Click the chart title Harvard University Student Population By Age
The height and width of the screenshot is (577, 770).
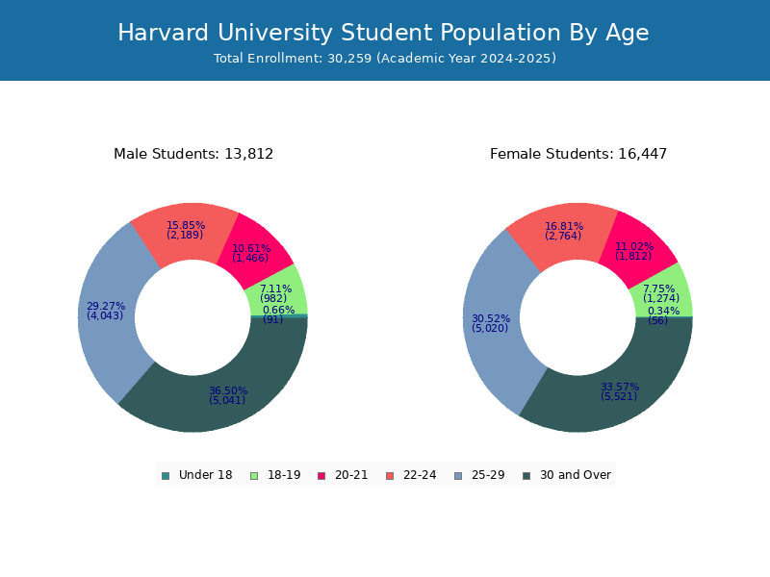coord(383,34)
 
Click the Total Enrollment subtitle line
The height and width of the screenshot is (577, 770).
coord(385,59)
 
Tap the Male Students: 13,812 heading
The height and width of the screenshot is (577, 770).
coord(193,154)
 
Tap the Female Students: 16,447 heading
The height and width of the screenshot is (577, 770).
coord(578,154)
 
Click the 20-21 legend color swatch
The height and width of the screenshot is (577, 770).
coord(321,475)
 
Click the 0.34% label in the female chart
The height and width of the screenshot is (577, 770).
coord(663,311)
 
